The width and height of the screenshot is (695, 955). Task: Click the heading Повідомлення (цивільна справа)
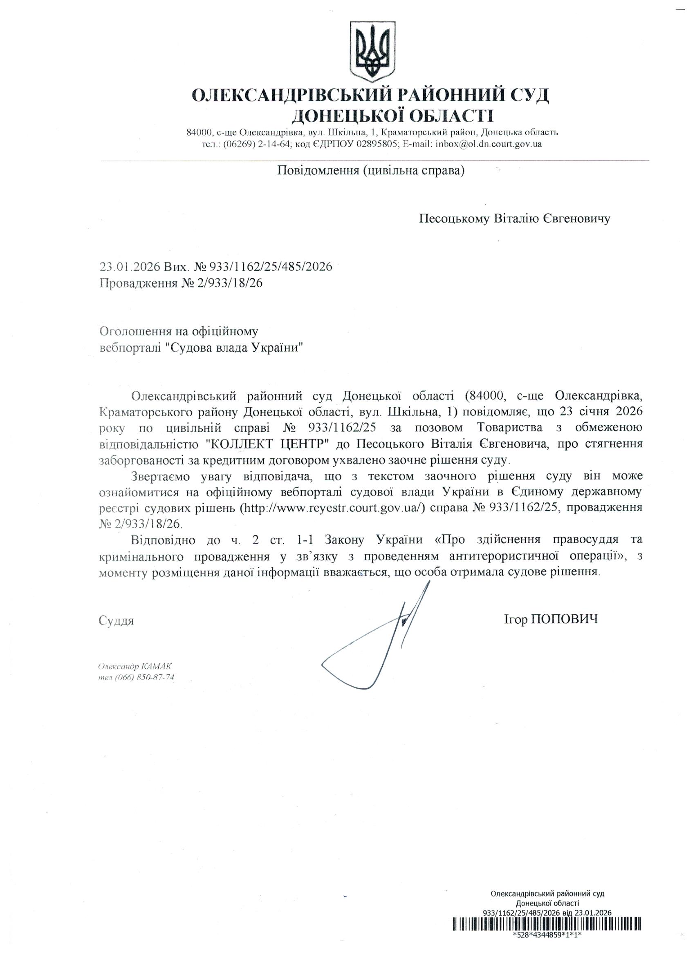[x=371, y=171]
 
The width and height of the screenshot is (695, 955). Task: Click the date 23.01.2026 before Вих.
[x=129, y=267]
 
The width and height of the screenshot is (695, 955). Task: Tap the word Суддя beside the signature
[x=116, y=620]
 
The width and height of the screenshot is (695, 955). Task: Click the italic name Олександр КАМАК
[x=135, y=667]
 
